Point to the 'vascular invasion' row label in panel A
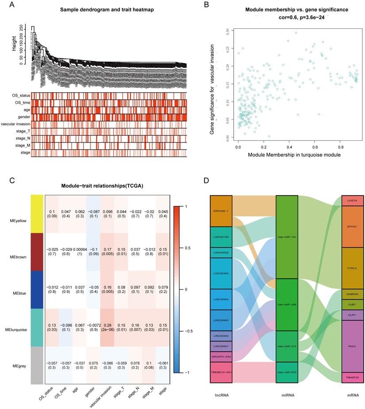click(16, 124)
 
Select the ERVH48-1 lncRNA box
click(221, 211)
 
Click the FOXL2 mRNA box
click(352, 268)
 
